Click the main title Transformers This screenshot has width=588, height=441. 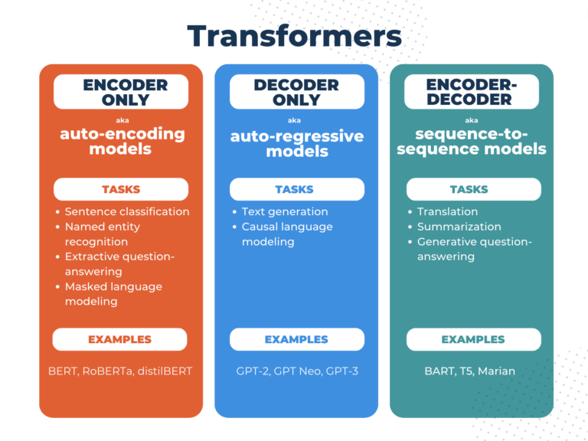(294, 36)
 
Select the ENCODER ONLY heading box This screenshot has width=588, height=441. (121, 92)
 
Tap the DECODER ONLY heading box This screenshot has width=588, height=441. (296, 92)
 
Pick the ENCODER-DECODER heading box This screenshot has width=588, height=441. (472, 92)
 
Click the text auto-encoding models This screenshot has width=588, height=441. (122, 141)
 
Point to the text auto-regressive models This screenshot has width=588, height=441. (297, 144)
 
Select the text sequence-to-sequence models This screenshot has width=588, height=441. (472, 141)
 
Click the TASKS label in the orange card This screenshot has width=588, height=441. (121, 189)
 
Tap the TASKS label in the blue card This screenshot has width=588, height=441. (296, 189)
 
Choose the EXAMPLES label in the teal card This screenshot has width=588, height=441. (473, 339)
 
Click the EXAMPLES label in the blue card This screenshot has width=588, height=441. (296, 339)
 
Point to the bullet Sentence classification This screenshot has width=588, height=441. (126, 211)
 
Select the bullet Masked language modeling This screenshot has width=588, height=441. (113, 294)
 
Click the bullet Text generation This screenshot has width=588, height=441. (284, 211)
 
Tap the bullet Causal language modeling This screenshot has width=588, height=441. (286, 234)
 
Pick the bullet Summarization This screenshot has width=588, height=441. (459, 227)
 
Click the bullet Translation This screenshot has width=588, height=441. (447, 211)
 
